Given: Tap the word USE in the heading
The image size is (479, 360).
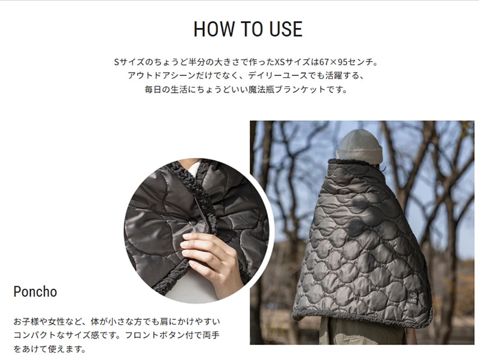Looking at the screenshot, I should pyautogui.click(x=282, y=29).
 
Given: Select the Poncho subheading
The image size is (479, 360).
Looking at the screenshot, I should pyautogui.click(x=35, y=292).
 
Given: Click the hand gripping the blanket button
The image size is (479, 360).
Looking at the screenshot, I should pyautogui.click(x=207, y=254).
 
